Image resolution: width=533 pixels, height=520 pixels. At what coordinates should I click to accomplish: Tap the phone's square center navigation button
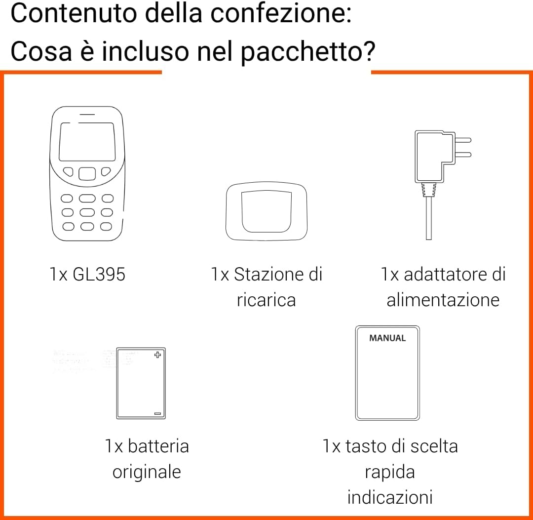(x=87, y=173)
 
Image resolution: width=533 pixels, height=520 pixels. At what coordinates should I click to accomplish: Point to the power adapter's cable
(x=428, y=217)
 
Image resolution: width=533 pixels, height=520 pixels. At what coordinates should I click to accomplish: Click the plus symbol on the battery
(x=157, y=355)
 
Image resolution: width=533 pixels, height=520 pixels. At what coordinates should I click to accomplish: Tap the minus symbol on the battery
(x=157, y=413)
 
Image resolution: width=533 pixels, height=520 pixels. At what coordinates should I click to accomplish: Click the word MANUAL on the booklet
(x=387, y=338)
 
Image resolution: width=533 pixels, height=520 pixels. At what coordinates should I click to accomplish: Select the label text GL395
(x=99, y=274)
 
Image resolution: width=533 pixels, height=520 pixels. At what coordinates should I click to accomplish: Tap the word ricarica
(x=266, y=300)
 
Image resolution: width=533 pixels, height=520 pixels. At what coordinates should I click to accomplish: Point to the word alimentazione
(x=443, y=300)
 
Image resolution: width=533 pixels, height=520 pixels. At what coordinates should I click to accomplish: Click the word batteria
(x=158, y=446)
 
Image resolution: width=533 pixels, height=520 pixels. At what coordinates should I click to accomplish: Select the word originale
(x=147, y=472)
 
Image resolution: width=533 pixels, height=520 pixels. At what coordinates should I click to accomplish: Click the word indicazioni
(x=390, y=497)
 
